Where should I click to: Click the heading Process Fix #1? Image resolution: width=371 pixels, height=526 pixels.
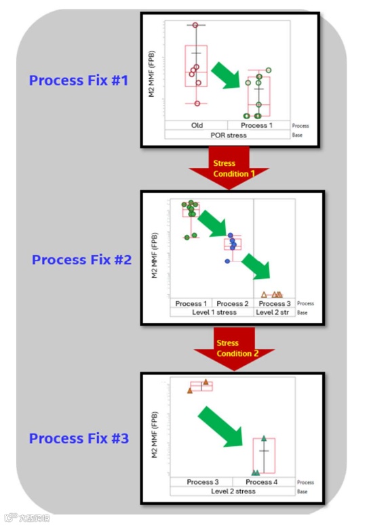pos(78,80)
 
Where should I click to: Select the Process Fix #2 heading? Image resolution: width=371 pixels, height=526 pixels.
pos(81,259)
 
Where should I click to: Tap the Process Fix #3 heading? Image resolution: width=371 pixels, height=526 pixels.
pos(79,439)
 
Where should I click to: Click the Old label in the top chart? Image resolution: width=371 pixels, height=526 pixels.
pos(197,125)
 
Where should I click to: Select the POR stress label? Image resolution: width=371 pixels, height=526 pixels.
pos(229,135)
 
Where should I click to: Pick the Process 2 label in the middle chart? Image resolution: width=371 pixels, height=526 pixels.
pos(233,303)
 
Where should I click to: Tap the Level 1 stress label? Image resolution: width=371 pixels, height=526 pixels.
pos(212,312)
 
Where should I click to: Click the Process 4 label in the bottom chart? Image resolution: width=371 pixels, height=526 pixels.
pos(262,482)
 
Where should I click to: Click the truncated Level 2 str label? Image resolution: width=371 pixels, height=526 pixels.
pos(274,312)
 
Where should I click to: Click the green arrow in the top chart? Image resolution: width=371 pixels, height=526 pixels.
pos(227,74)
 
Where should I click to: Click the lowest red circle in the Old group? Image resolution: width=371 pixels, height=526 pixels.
pos(197,104)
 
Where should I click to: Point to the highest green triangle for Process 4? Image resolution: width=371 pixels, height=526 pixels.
pos(264,439)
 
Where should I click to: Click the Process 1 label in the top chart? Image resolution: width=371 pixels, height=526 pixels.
pos(257,125)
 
